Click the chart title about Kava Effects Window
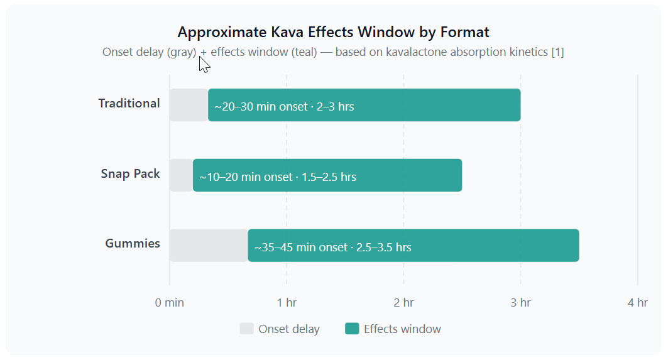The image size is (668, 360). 333,33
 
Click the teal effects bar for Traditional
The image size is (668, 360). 364,105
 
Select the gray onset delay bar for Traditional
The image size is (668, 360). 189,105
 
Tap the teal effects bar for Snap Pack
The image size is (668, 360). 327,175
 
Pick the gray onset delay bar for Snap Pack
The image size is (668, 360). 181,175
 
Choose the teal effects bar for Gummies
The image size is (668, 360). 413,246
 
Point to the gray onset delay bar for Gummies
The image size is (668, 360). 209,246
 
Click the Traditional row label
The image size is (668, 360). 129,104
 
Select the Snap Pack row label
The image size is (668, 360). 130,174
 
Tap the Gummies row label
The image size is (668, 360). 133,243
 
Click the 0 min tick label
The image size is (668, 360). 170,303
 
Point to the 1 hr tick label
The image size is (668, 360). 287,303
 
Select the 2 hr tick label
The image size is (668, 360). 403,303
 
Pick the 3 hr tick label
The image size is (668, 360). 520,303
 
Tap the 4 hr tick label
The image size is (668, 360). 637,303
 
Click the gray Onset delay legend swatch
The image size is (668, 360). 247,329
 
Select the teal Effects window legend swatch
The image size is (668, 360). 352,329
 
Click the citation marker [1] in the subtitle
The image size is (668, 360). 557,52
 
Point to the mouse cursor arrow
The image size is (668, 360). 204,65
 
